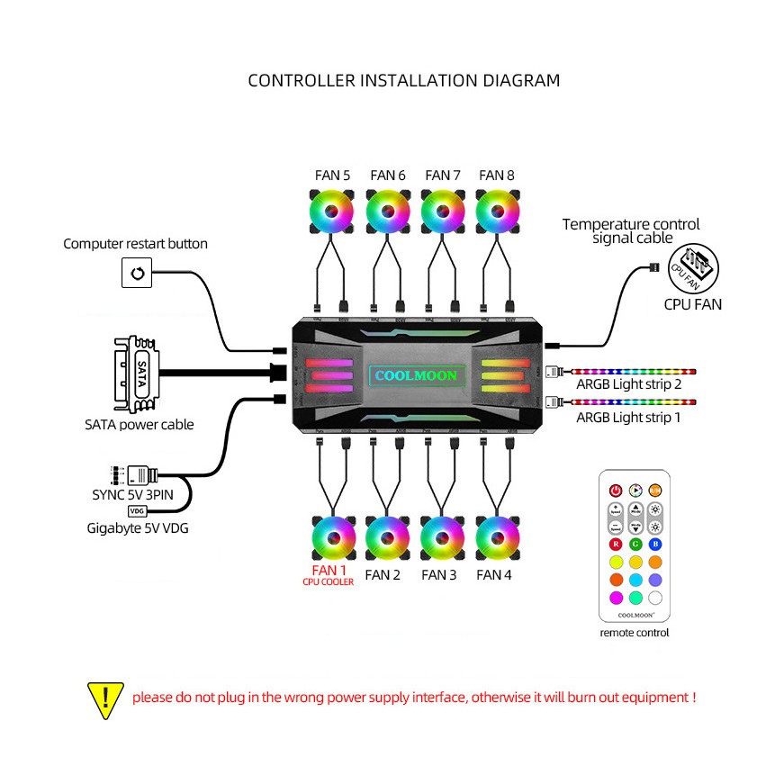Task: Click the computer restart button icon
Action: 137,273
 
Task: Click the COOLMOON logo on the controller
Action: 415,375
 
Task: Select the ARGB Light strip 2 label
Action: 628,384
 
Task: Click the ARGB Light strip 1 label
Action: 628,418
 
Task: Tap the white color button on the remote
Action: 654,597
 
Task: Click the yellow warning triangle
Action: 106,698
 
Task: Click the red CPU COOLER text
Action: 329,582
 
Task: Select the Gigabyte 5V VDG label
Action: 138,527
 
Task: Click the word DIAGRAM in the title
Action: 522,80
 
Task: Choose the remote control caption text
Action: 635,633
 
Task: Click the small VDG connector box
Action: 137,510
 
